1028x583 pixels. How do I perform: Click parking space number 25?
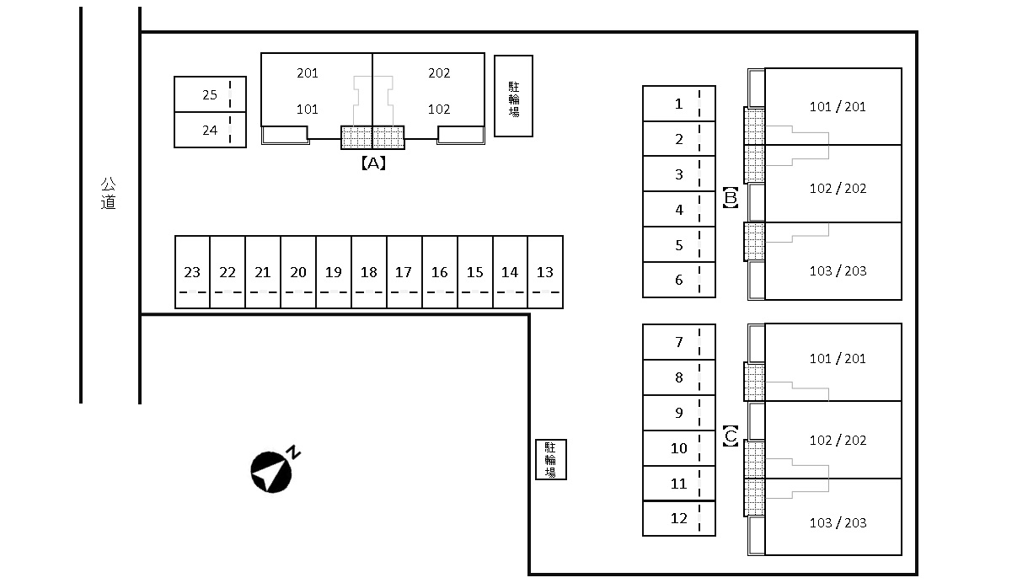210,95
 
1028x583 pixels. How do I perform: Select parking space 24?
210,131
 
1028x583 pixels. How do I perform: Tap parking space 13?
545,272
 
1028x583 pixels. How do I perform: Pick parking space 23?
192,272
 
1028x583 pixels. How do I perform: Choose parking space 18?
368,272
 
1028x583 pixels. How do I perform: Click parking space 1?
678,104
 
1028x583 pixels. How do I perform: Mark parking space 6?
678,280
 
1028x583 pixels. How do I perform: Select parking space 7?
678,342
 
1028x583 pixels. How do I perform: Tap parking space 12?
678,518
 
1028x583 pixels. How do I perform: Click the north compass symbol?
272,472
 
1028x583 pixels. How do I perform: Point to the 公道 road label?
108,193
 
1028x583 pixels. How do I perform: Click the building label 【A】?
373,163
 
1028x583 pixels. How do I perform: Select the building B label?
731,198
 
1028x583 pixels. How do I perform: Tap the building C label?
731,437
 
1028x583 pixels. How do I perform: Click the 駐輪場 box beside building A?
513,96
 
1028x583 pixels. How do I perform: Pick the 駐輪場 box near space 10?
551,459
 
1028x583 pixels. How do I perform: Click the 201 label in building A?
308,73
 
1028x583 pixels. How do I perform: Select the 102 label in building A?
439,110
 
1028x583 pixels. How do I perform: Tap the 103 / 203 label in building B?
838,270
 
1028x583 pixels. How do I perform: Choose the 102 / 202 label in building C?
838,440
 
